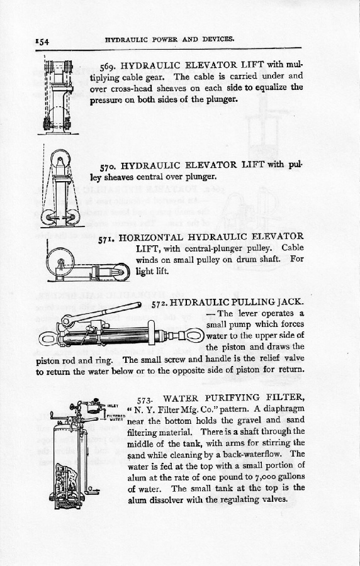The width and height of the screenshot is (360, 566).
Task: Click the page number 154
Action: [x=42, y=42]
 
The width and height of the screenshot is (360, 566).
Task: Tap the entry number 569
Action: [x=108, y=67]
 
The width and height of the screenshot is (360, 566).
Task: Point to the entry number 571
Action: [x=106, y=238]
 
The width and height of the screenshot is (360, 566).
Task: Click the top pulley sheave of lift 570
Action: [x=60, y=158]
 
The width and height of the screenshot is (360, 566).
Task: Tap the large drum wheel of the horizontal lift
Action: [x=60, y=262]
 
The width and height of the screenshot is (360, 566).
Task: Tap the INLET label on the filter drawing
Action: [x=113, y=406]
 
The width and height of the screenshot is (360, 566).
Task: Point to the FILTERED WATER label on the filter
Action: [x=116, y=418]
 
